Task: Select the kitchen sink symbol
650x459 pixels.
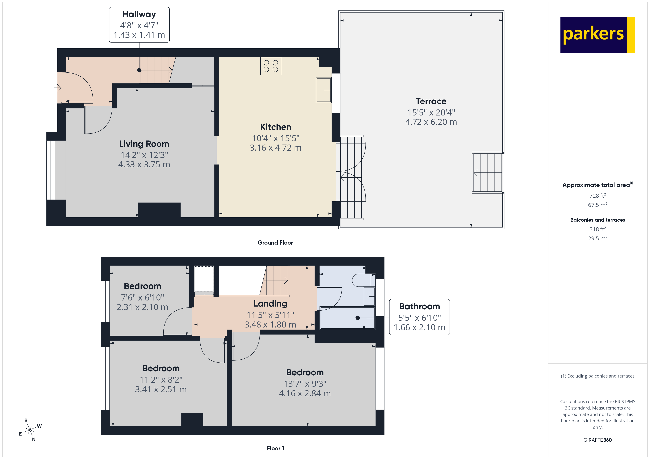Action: tap(323, 90)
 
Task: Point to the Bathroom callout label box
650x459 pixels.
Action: tap(419, 317)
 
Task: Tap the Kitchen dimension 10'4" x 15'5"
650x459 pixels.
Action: tap(275, 138)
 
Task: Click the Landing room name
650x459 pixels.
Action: tap(270, 304)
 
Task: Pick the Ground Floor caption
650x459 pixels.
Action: tap(275, 243)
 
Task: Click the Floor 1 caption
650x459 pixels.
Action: tap(275, 448)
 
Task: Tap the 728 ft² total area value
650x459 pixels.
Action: tap(597, 196)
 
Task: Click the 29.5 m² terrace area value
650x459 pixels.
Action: tap(597, 238)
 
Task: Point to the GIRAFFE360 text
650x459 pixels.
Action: tap(597, 440)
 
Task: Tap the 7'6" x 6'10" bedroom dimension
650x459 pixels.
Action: tap(142, 297)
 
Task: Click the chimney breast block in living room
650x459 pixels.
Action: tap(159, 210)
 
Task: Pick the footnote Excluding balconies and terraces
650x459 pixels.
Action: tap(597, 376)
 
